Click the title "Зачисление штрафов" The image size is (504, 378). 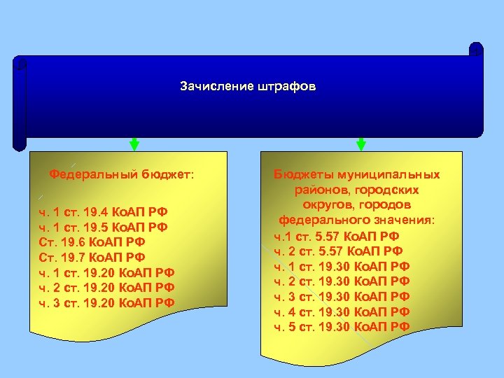click(x=248, y=87)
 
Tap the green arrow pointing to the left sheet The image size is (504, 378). click(x=134, y=144)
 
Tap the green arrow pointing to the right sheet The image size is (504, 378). click(x=361, y=144)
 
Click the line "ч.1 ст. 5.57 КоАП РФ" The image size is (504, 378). click(x=337, y=236)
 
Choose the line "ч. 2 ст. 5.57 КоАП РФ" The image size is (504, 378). click(x=338, y=251)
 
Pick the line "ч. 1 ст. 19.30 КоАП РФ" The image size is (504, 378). click(x=342, y=266)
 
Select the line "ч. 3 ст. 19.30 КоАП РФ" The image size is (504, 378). click(x=342, y=297)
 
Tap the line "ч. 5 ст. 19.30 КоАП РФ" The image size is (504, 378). click(x=342, y=327)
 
